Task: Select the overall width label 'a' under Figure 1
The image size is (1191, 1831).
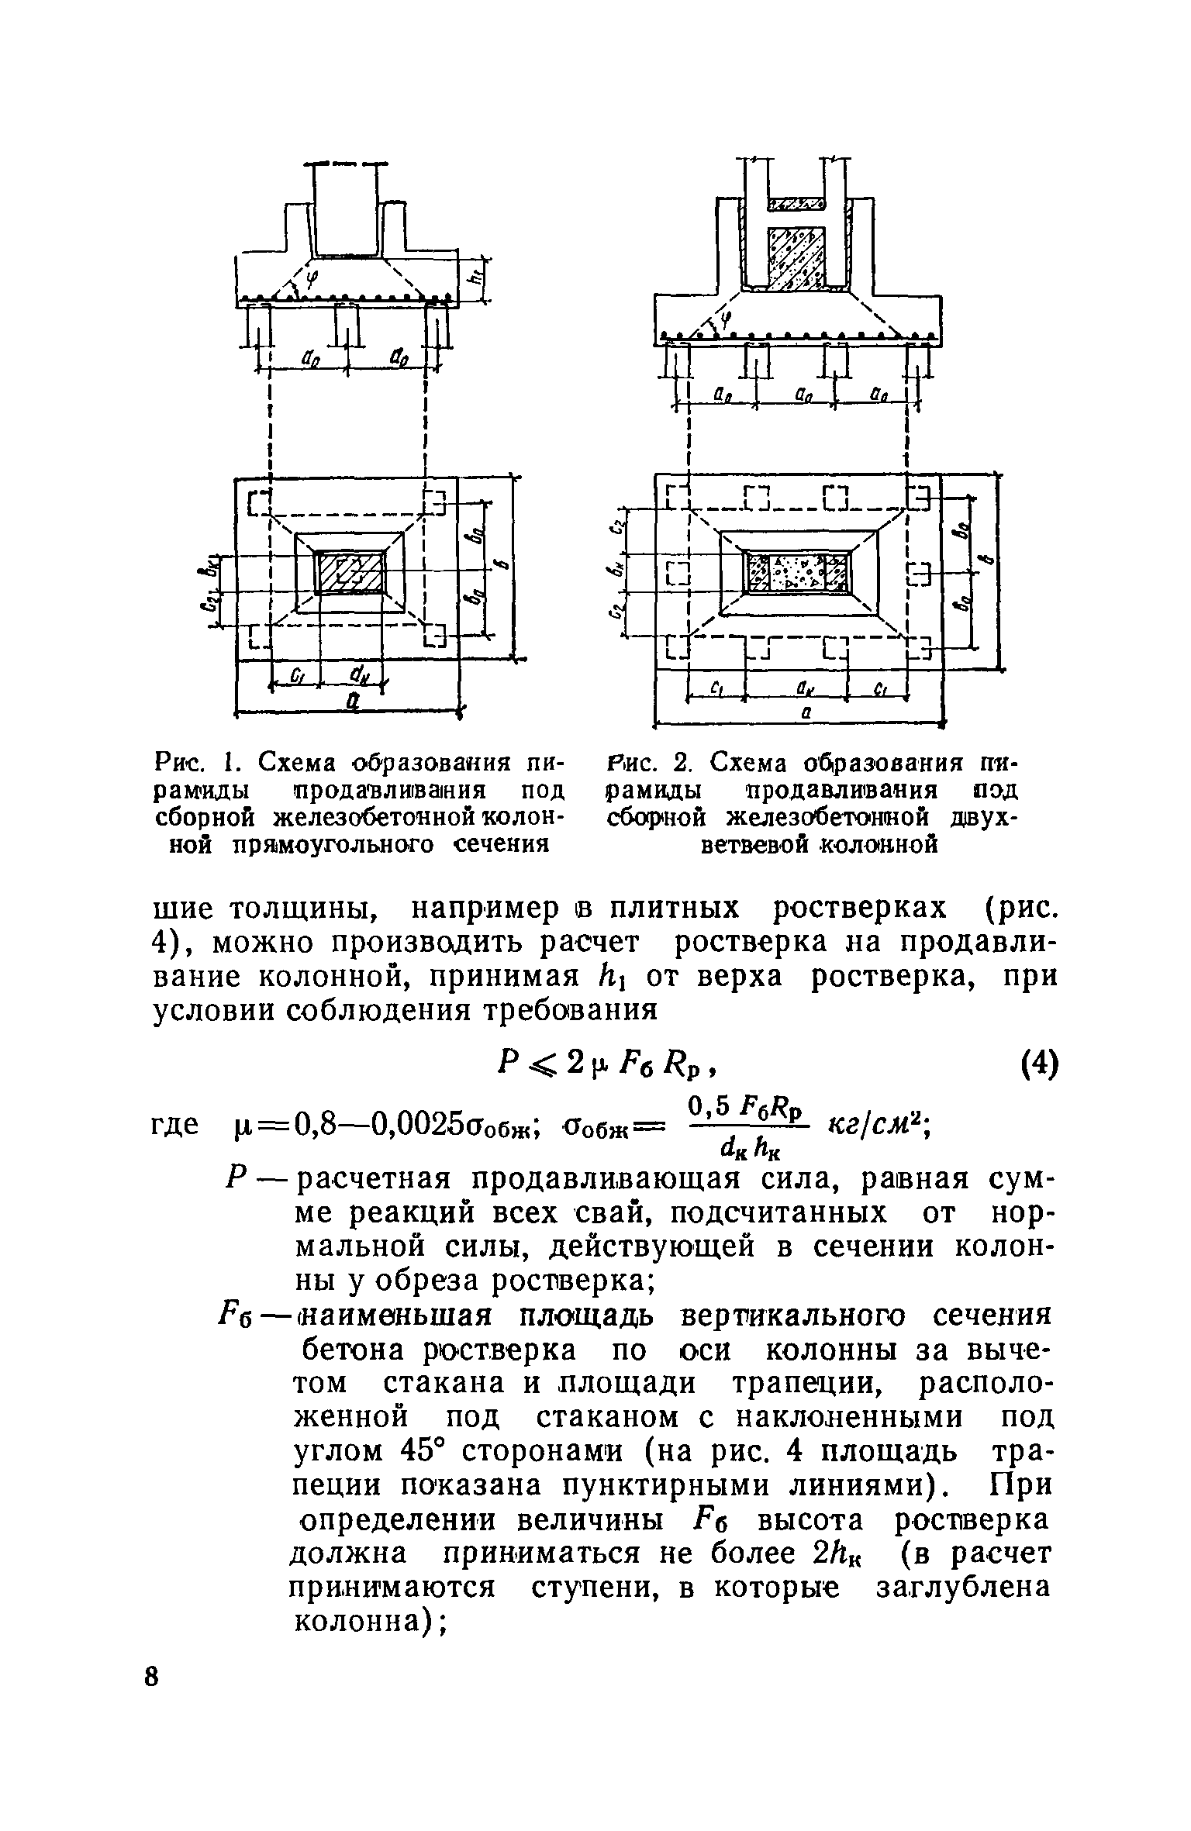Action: coord(352,701)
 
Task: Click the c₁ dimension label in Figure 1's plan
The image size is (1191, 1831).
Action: coord(296,676)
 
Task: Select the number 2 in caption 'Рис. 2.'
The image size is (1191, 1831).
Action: coord(682,763)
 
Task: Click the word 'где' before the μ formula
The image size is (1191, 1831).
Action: coord(174,1123)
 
